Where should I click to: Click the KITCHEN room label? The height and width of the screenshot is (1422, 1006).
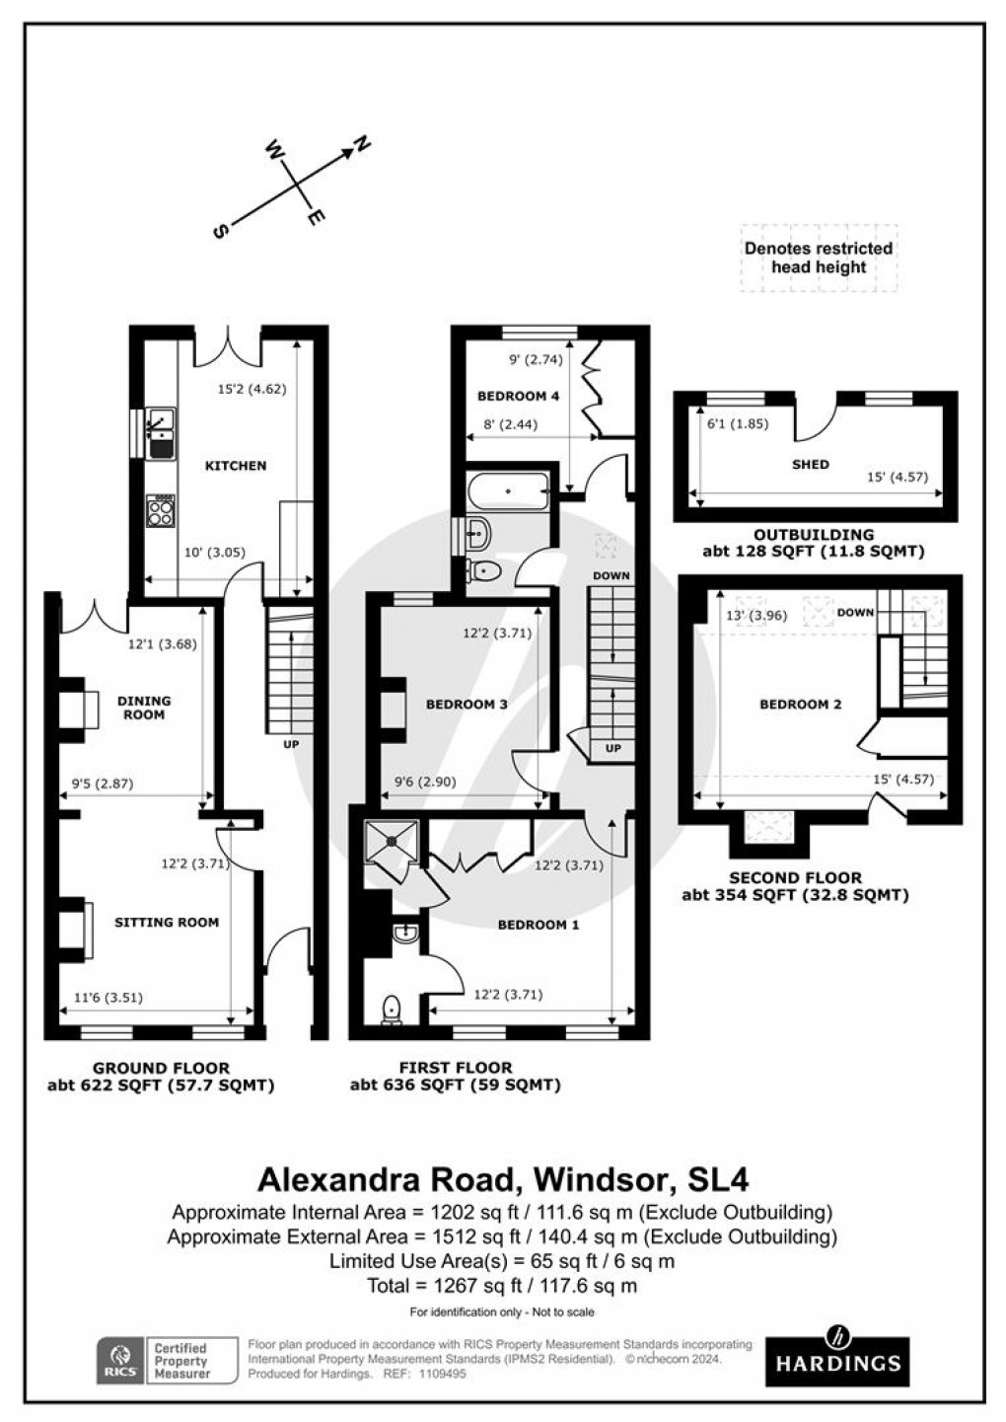click(236, 466)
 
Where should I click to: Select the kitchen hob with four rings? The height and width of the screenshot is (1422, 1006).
click(160, 510)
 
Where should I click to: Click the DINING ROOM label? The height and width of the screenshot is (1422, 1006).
click(144, 708)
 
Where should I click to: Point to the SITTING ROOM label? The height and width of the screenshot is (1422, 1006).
click(167, 923)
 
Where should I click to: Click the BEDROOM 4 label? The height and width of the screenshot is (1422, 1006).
click(519, 397)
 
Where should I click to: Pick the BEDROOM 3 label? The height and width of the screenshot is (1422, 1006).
click(467, 705)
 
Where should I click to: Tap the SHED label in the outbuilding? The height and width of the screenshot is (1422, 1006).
click(810, 464)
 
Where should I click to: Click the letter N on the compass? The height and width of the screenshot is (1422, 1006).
click(363, 145)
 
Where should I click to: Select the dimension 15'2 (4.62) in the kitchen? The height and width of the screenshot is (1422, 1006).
click(251, 389)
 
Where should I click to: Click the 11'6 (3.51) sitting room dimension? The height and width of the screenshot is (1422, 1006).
click(108, 997)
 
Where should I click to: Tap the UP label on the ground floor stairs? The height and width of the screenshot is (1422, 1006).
click(291, 743)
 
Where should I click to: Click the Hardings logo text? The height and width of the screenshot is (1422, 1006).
click(837, 1364)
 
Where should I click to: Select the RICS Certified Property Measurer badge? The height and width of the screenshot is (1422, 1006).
click(167, 1361)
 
